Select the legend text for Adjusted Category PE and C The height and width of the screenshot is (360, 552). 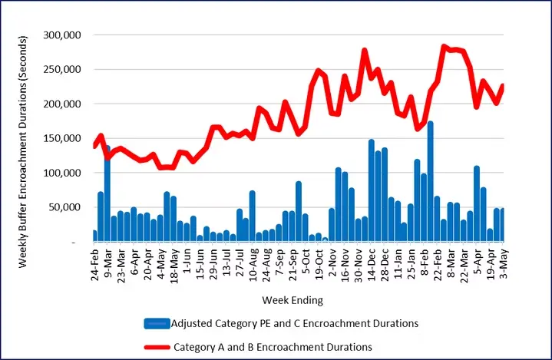point(296,324)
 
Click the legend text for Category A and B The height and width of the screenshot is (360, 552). point(274,347)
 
